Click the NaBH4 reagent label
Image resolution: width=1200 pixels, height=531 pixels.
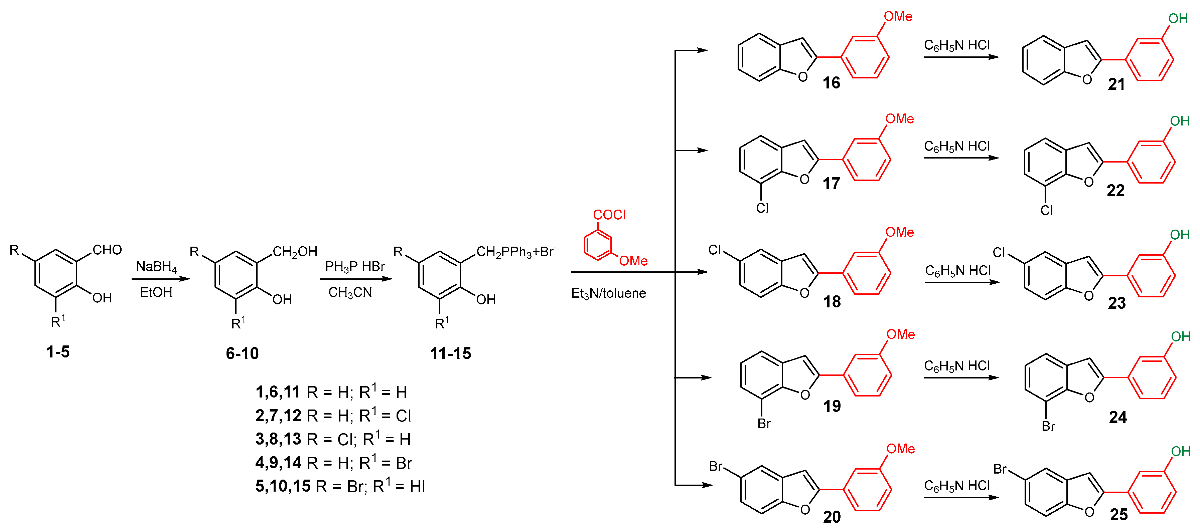pos(156,267)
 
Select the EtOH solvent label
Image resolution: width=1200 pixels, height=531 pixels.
pos(156,292)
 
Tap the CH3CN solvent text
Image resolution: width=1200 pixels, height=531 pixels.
pos(350,292)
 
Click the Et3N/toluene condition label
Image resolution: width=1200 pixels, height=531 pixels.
pos(608,293)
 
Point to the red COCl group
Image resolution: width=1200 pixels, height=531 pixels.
pos(609,215)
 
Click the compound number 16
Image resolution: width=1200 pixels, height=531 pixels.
pos(831,83)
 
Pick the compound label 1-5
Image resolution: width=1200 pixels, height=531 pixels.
pos(58,352)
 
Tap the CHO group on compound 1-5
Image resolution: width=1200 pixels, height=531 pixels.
pos(107,250)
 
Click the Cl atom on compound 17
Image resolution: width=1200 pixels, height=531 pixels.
pos(762,208)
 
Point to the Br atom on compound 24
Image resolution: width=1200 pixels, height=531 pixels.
pos(1048,426)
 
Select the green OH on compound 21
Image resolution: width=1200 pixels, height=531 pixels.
pos(1178,19)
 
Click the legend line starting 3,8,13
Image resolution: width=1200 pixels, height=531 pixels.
pos(333,439)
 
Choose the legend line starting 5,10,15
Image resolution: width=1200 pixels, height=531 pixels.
pos(340,486)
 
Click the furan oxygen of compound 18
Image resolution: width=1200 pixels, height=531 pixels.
pos(804,293)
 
